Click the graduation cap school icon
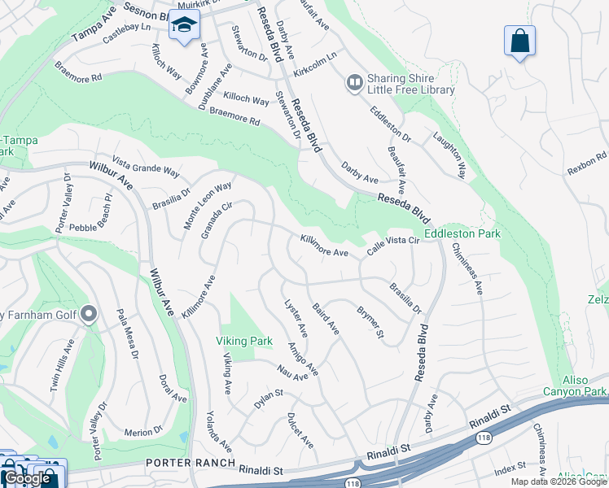(x=184, y=25)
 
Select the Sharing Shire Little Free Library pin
(x=355, y=82)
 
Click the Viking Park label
(x=243, y=340)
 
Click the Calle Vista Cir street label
(x=392, y=246)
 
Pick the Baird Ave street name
(x=326, y=318)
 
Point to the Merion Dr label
(x=144, y=430)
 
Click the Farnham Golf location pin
(x=90, y=314)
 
